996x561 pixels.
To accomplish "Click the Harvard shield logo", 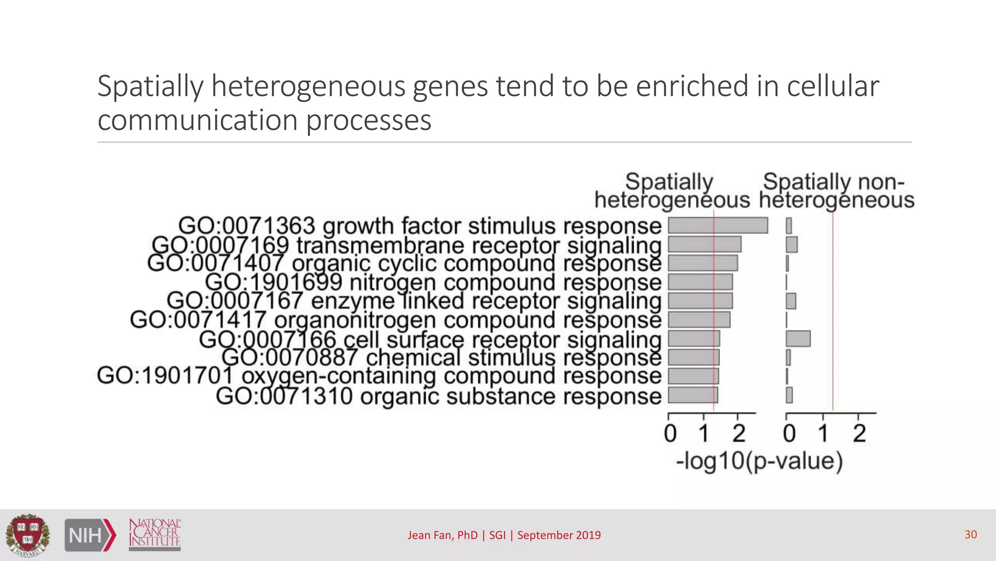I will [x=27, y=535].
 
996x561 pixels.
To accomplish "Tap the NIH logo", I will [x=90, y=535].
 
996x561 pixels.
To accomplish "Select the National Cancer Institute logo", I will [x=155, y=534].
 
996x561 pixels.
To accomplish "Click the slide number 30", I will [x=970, y=534].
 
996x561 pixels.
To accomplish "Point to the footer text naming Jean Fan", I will [x=504, y=535].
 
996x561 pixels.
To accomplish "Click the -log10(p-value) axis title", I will [x=759, y=461].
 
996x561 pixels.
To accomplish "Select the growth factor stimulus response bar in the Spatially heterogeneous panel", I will [x=717, y=225].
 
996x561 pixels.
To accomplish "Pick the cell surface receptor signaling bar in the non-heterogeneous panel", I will [x=798, y=338].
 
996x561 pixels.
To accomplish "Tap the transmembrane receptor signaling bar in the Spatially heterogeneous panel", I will [x=704, y=244].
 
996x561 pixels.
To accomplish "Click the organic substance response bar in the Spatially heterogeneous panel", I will [x=693, y=395].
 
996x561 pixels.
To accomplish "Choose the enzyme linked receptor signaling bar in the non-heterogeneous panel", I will [x=791, y=301].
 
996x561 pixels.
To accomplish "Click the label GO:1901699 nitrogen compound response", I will [x=433, y=282].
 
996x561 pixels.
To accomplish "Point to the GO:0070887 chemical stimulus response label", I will [x=441, y=358].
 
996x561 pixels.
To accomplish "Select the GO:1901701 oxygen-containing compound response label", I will [x=379, y=376].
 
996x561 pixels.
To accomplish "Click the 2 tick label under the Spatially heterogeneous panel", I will [x=739, y=433].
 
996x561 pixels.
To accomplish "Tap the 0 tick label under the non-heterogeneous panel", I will [x=789, y=433].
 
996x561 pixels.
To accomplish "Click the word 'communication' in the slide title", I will [x=197, y=120].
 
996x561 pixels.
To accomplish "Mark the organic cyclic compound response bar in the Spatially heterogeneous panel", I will [x=703, y=263].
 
